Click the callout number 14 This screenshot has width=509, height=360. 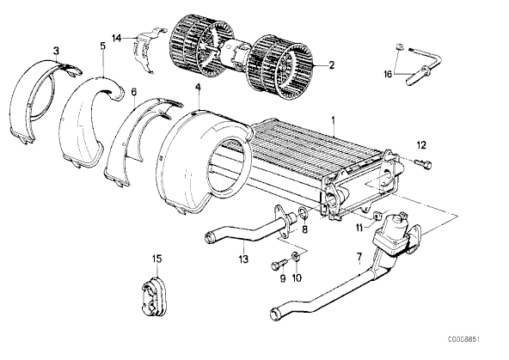[x=117, y=39]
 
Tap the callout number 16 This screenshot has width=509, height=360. [x=388, y=74]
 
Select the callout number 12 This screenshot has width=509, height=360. [x=421, y=145]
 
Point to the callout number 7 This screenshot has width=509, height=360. [x=359, y=257]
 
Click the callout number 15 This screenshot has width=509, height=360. [x=156, y=259]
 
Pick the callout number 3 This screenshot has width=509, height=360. [x=57, y=51]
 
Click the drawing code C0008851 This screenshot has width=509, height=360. [x=463, y=339]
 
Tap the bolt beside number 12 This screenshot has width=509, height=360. [x=424, y=163]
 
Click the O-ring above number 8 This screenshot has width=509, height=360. [x=303, y=214]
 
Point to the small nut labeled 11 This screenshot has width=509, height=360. [x=377, y=215]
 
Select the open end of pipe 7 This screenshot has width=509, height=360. [x=275, y=314]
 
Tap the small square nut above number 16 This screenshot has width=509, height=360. [x=400, y=46]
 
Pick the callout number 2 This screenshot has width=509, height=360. [x=331, y=65]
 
